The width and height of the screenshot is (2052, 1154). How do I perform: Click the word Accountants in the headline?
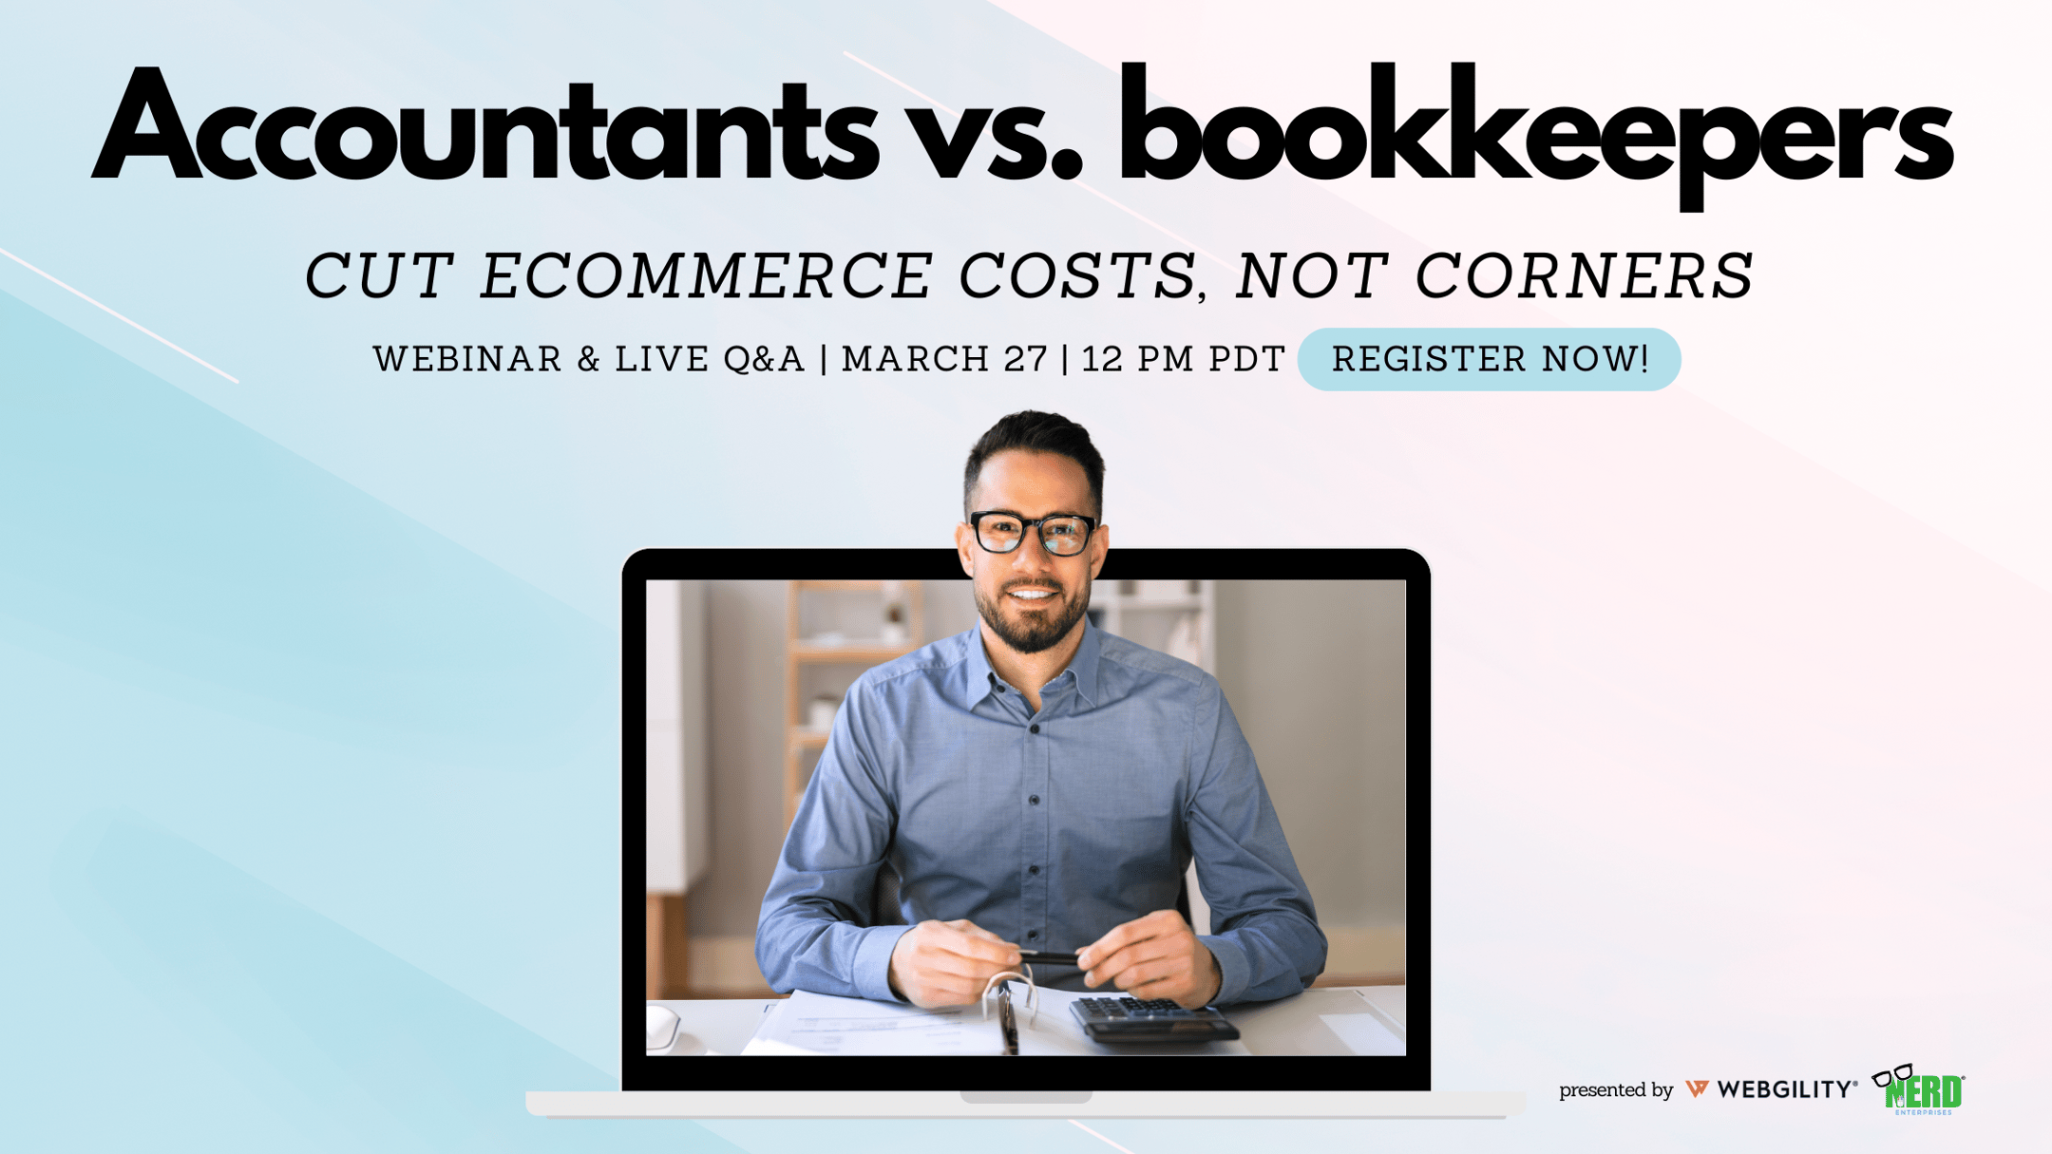coord(485,126)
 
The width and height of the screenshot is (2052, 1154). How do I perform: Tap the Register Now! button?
coord(1490,359)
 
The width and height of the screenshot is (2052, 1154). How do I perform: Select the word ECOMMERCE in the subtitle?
coord(707,276)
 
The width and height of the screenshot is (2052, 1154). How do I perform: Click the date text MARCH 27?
coord(944,359)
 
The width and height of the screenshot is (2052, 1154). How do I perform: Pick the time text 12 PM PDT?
coord(1184,359)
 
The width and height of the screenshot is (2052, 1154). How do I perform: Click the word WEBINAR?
coord(468,359)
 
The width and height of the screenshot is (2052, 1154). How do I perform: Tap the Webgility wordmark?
coord(1772,1089)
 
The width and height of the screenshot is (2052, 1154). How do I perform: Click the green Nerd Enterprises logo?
coord(1919,1089)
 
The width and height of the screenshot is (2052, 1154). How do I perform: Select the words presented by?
coord(1616,1090)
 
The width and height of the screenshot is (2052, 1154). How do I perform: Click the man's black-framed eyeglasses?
coord(1033,532)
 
